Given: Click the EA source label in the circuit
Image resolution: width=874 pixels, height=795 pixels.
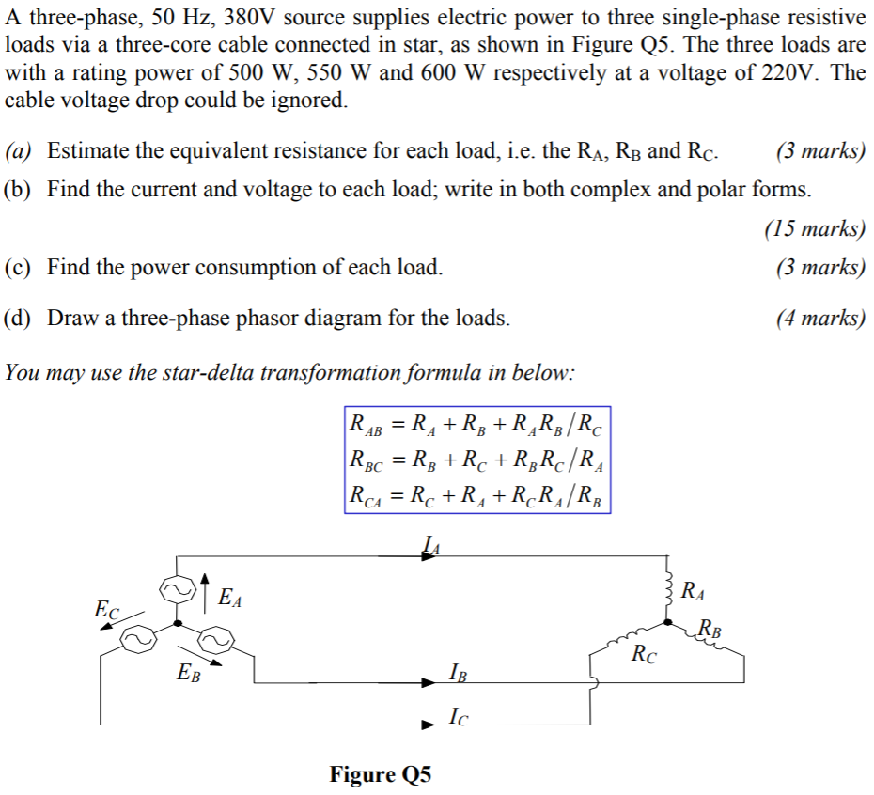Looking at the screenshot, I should pyautogui.click(x=229, y=597).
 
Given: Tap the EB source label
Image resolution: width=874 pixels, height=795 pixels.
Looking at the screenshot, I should pyautogui.click(x=188, y=672).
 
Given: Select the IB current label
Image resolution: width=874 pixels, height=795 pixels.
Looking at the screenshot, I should pyautogui.click(x=458, y=673).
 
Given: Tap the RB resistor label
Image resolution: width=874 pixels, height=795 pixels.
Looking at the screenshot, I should pyautogui.click(x=711, y=629).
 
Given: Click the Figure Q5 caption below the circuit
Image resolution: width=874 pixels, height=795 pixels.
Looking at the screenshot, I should pyautogui.click(x=380, y=774).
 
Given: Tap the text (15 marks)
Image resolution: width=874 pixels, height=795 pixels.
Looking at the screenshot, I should pyautogui.click(x=815, y=228).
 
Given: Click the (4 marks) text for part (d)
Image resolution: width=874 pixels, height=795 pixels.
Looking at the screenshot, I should pyautogui.click(x=820, y=318).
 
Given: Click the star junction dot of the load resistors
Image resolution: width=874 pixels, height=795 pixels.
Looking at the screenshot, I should pyautogui.click(x=667, y=622).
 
